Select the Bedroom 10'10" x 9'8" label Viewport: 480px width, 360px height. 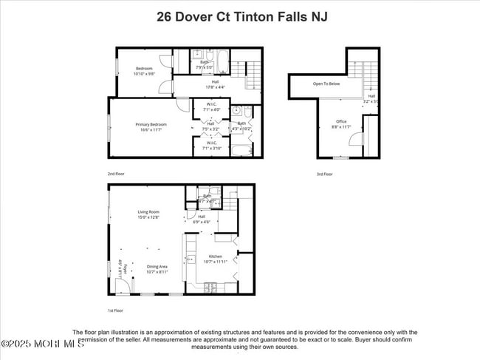[143, 71]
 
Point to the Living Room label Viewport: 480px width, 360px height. [148, 214]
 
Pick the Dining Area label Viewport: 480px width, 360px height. [157, 269]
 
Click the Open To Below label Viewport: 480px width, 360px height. [326, 84]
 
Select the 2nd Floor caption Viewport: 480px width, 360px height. [116, 173]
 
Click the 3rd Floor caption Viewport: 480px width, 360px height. [324, 174]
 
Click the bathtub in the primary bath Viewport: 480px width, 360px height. [241, 151]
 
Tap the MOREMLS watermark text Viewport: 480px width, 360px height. [43, 344]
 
